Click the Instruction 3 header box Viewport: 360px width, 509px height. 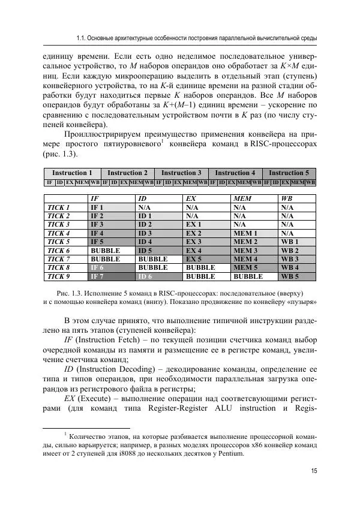pos(181,173)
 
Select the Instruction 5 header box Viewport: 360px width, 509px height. pos(289,173)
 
